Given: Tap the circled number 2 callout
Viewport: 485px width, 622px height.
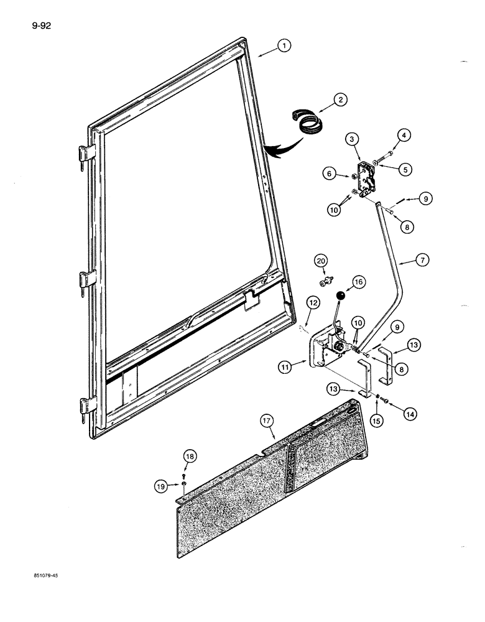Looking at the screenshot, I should tap(340, 99).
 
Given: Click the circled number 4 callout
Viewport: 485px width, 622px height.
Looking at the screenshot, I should tap(404, 134).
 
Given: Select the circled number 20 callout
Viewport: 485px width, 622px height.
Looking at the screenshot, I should tap(320, 261).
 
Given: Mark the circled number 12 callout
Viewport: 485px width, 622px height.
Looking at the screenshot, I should tap(313, 303).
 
